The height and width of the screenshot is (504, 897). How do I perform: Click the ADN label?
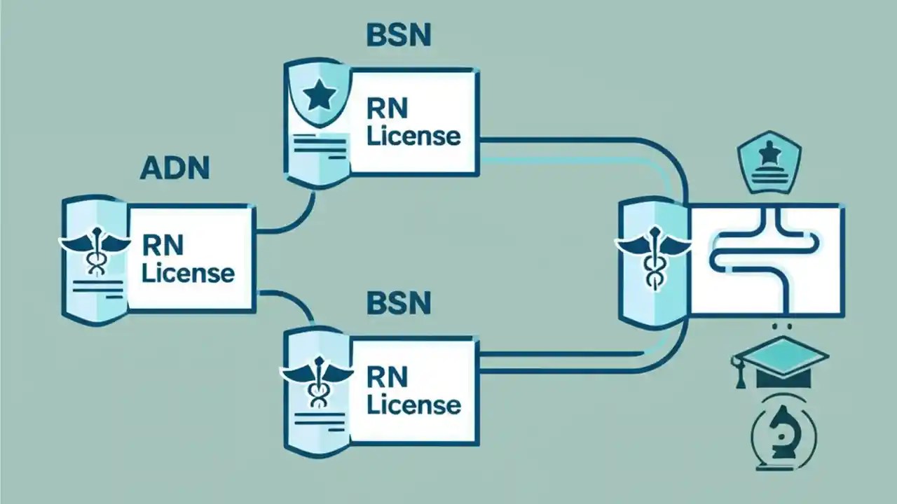174,169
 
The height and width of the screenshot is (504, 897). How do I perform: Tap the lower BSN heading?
398,304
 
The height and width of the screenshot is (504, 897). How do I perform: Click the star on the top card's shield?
320,97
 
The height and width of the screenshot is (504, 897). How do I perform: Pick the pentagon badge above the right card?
769,162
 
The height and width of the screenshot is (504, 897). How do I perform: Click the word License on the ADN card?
188,272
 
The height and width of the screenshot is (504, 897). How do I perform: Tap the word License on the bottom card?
413,404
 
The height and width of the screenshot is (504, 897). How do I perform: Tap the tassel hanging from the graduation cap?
739,374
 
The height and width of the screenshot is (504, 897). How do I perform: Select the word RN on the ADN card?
162,245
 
